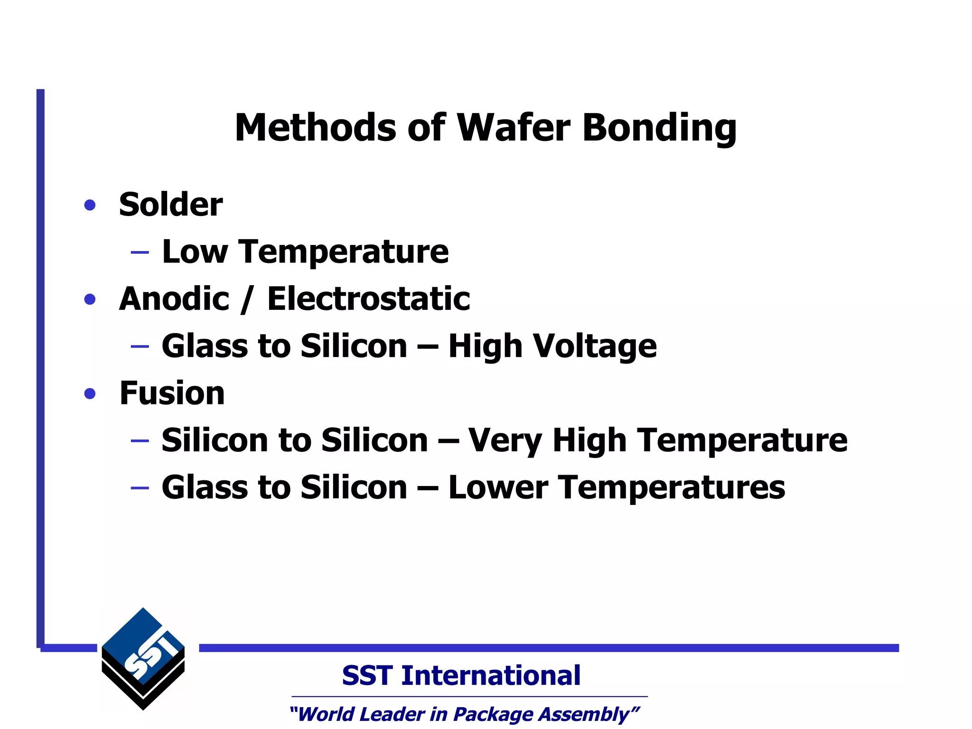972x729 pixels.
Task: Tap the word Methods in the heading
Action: click(315, 128)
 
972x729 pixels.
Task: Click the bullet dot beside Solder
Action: click(90, 206)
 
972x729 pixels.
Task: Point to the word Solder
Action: click(170, 205)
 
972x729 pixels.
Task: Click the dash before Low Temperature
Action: click(140, 252)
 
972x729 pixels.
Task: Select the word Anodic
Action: click(174, 299)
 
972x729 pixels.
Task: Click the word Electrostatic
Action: click(368, 299)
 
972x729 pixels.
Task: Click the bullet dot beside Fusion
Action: click(90, 393)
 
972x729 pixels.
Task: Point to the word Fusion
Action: click(172, 393)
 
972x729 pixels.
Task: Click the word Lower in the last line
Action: click(498, 487)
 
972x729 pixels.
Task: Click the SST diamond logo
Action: click(143, 659)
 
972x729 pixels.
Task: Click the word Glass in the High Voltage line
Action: click(205, 346)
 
